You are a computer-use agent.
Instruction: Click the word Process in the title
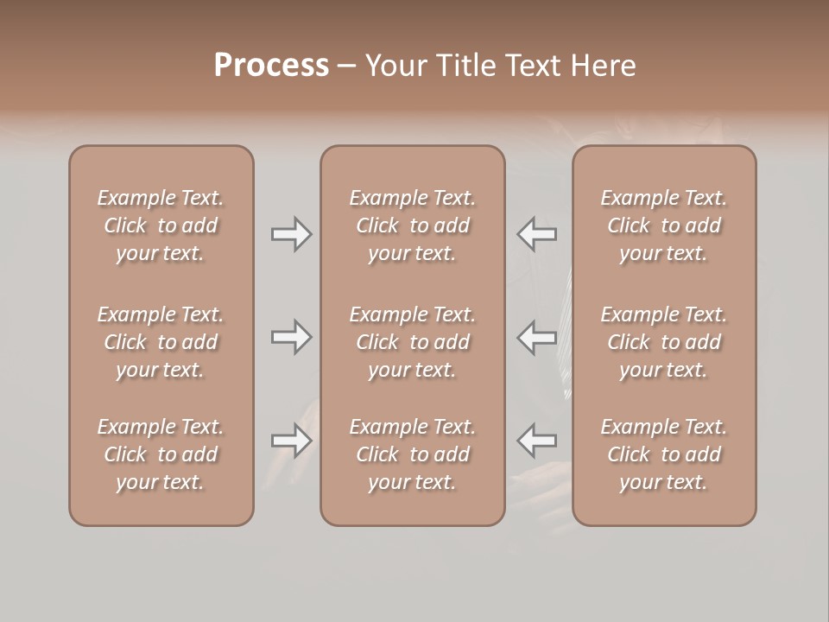(x=271, y=66)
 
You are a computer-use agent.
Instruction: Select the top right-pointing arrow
(x=292, y=234)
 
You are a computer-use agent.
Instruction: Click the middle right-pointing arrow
(x=292, y=336)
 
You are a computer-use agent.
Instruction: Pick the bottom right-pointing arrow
(x=292, y=441)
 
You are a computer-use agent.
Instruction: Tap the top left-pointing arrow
(x=537, y=234)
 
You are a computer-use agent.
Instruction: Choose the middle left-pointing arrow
(x=537, y=336)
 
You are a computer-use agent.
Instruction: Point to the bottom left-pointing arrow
(x=537, y=441)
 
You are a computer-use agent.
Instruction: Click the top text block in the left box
(x=161, y=225)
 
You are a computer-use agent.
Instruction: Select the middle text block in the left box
(x=161, y=342)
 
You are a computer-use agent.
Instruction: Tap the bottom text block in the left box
(x=161, y=454)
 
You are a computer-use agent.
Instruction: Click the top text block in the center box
(x=412, y=225)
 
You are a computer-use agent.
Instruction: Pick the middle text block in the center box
(x=412, y=342)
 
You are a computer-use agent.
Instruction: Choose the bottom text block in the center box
(x=412, y=454)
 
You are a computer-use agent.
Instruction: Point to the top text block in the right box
(x=663, y=225)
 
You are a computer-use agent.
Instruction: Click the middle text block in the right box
(x=663, y=342)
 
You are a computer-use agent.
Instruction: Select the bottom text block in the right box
(x=663, y=454)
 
